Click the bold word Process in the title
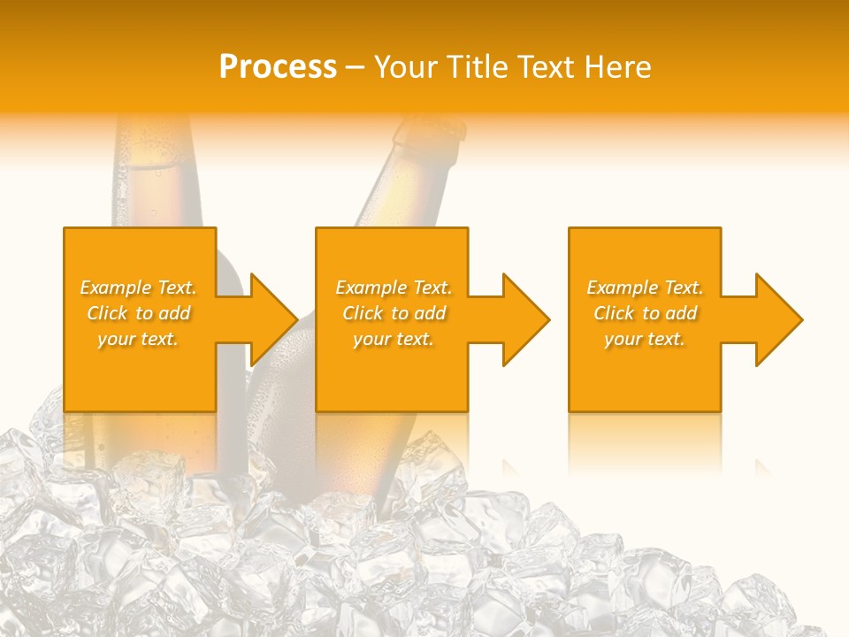tap(278, 67)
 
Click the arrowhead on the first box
tap(274, 319)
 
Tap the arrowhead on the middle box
tap(526, 319)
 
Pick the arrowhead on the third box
tap(779, 319)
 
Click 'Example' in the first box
tap(116, 288)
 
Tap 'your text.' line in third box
tap(645, 339)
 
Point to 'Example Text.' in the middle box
tap(394, 288)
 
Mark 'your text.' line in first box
tap(138, 339)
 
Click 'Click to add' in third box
tap(646, 313)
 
